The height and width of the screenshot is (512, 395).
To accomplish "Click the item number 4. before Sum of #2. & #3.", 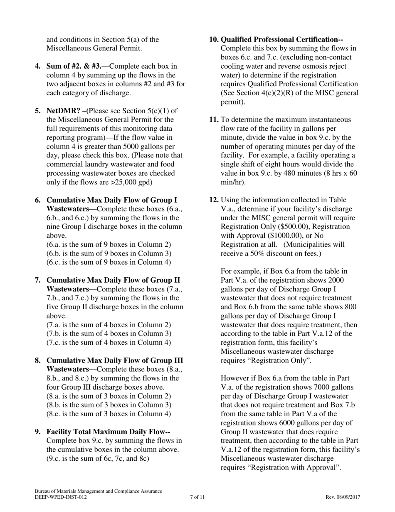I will (x=38, y=66).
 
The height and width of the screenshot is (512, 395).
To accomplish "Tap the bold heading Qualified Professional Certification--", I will (x=281, y=40).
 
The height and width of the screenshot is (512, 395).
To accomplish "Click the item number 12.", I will (x=214, y=200).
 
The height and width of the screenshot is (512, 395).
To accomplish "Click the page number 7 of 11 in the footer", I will (x=197, y=497).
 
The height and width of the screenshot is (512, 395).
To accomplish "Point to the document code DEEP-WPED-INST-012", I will (x=61, y=497).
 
